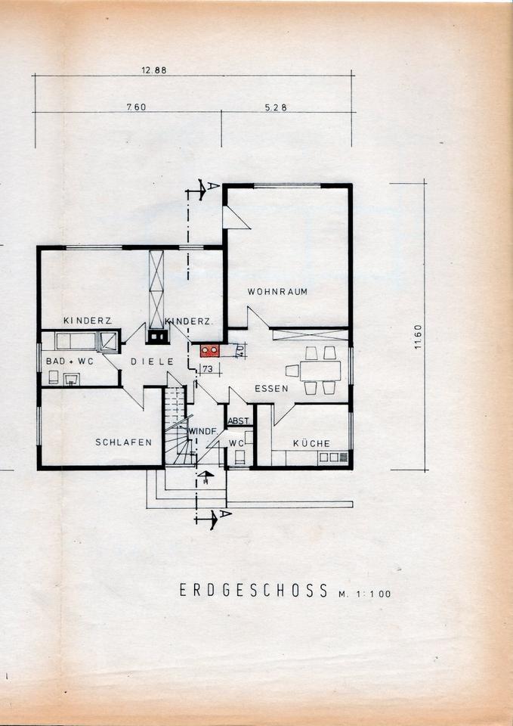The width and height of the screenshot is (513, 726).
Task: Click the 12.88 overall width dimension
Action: tap(154, 70)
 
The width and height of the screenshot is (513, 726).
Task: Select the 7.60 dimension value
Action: tap(137, 107)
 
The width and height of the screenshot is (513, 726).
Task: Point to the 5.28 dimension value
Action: tap(276, 107)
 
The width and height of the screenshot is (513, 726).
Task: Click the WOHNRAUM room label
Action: tap(277, 292)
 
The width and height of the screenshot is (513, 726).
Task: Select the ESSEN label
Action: tap(271, 389)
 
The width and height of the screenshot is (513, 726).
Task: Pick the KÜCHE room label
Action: tap(312, 443)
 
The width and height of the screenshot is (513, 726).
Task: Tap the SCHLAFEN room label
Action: tap(123, 442)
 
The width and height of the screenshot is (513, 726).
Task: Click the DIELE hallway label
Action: tap(152, 361)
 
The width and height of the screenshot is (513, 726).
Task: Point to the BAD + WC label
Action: tap(70, 361)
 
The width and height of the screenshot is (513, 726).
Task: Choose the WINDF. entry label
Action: tap(203, 431)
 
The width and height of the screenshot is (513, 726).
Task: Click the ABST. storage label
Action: tap(240, 421)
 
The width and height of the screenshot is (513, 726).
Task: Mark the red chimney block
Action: tap(209, 350)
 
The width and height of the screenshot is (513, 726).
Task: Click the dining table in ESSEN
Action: tap(320, 371)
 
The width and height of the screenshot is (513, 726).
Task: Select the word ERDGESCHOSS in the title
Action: tap(254, 591)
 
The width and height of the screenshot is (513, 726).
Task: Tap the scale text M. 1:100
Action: tap(364, 594)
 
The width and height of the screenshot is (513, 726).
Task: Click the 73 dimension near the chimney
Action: tap(207, 369)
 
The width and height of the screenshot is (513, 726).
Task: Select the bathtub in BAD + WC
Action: tap(76, 341)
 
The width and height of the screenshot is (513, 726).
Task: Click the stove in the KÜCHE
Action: tap(332, 458)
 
